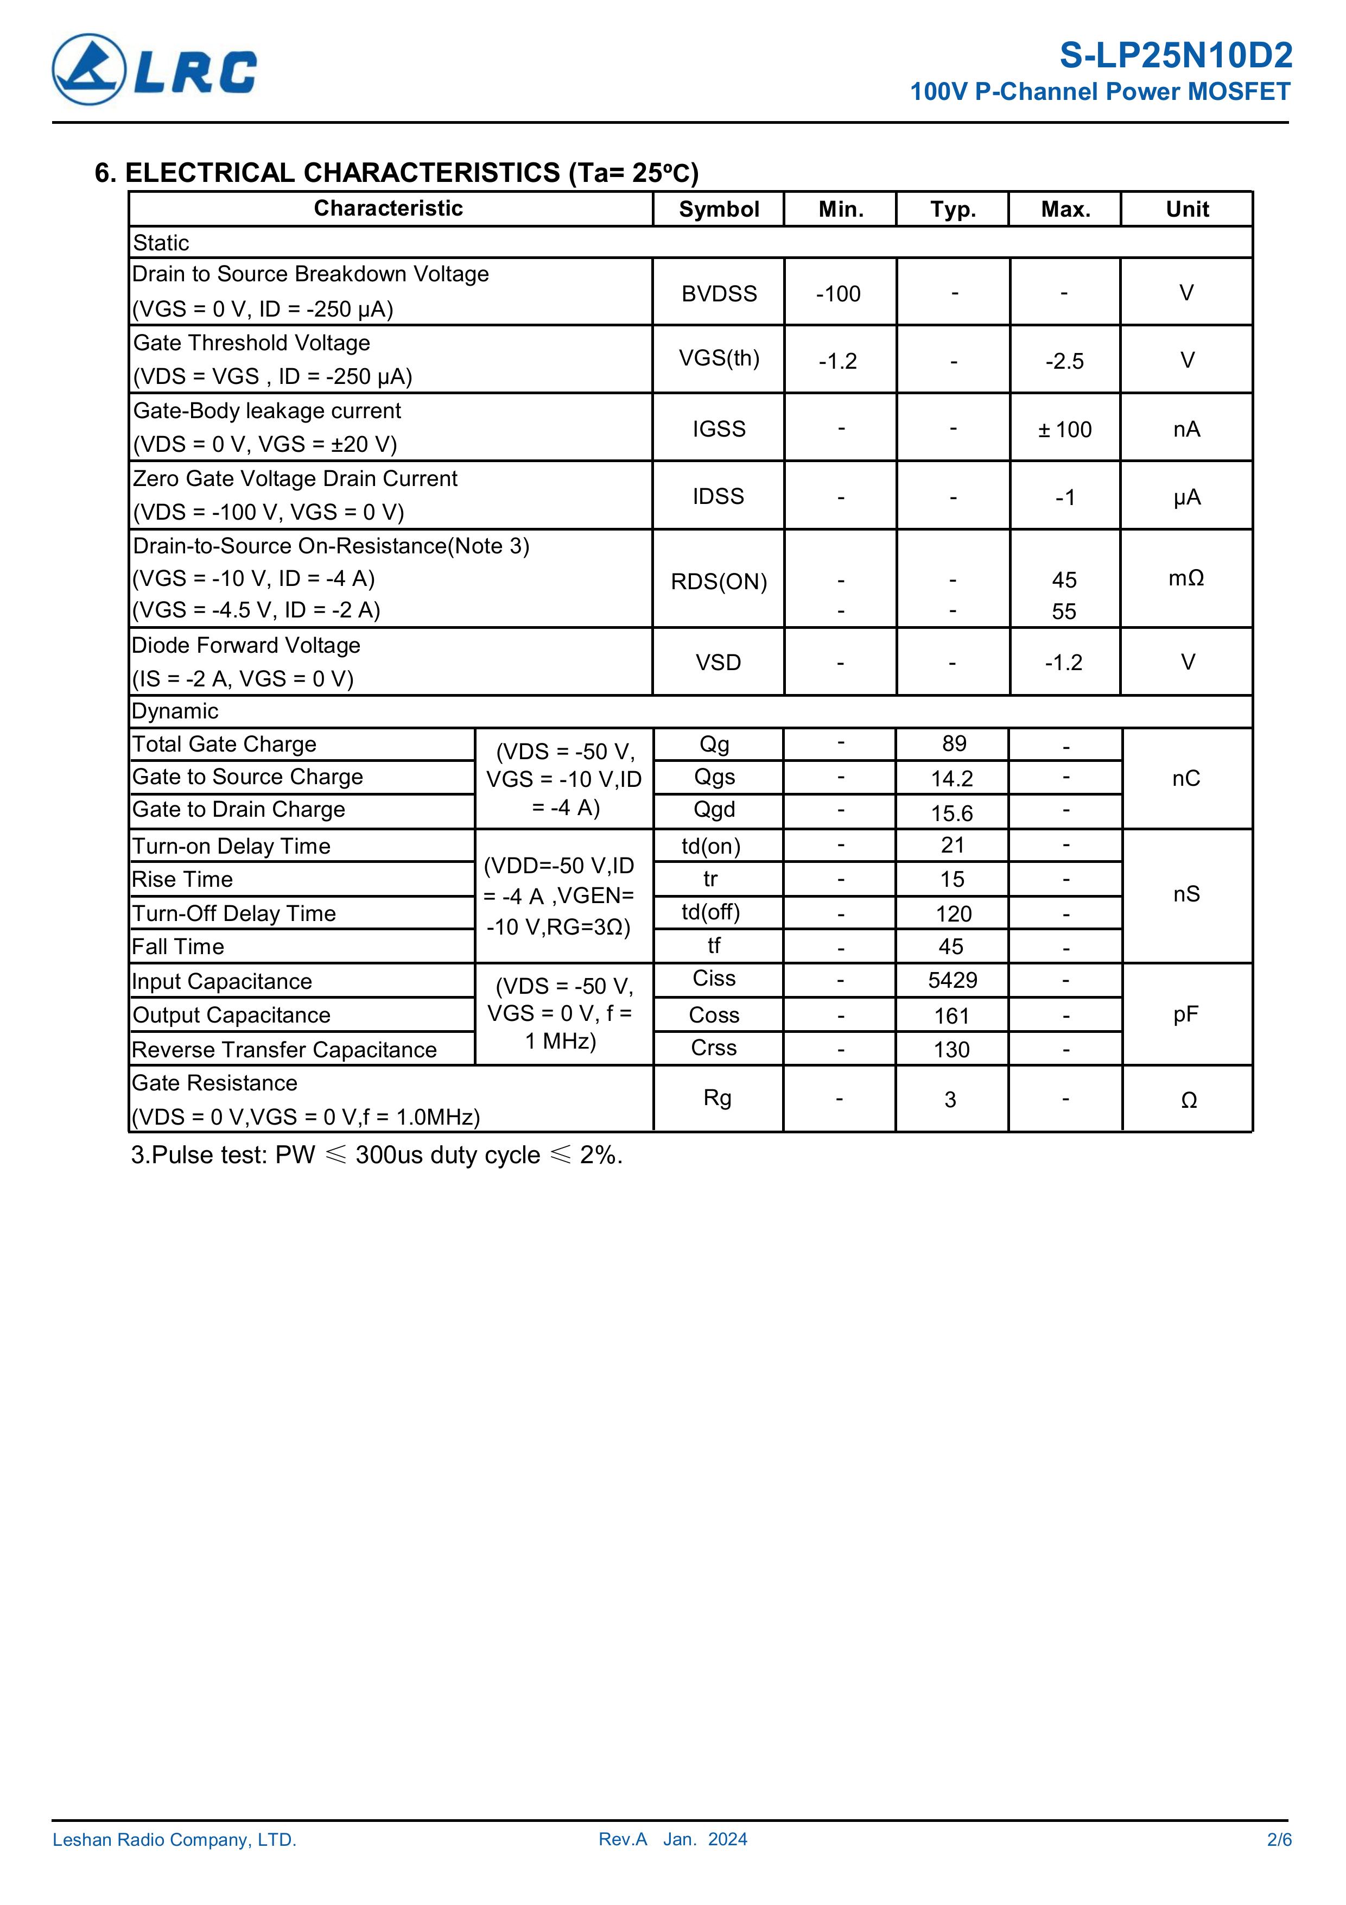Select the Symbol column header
(x=718, y=209)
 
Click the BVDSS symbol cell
(x=718, y=294)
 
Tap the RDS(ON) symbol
(x=718, y=582)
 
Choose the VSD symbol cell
(x=718, y=662)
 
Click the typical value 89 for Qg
(x=954, y=743)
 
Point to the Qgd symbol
(x=714, y=809)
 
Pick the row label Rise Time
(x=182, y=880)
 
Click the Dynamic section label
(x=175, y=711)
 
